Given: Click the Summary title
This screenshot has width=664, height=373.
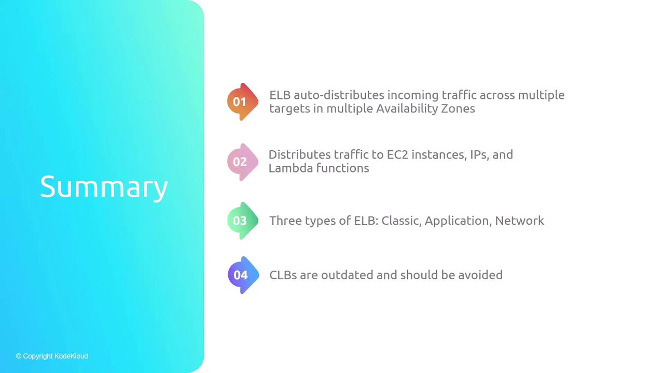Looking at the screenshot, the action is click(x=104, y=187).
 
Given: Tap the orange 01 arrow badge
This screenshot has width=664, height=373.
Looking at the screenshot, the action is click(x=242, y=102).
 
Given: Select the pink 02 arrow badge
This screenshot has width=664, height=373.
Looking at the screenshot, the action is click(x=242, y=162).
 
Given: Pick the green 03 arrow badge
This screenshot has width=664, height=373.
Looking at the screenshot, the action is click(x=242, y=221).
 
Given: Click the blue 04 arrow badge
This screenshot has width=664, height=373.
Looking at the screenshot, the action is click(x=243, y=275).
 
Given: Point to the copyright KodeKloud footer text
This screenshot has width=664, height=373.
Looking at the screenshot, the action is click(x=52, y=356).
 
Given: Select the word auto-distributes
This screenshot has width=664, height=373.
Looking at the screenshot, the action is click(x=339, y=95).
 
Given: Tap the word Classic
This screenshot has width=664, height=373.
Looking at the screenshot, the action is click(x=402, y=221).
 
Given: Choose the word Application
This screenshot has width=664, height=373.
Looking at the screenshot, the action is click(x=458, y=221).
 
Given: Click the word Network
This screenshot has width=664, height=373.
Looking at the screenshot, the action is click(x=519, y=221).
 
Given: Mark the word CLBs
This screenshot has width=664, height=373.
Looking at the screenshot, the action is click(x=283, y=275).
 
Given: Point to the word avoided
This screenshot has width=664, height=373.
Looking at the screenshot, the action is click(x=480, y=275).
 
